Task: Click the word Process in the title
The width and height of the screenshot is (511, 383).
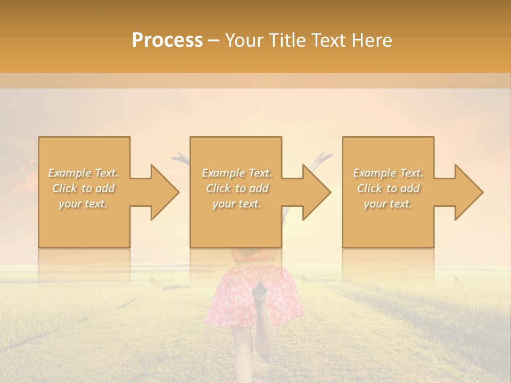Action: point(167,40)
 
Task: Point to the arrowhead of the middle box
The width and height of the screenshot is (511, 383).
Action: point(316,192)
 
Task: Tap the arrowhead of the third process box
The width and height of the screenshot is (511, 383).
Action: point(468,192)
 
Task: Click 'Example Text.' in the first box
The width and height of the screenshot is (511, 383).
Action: point(84,173)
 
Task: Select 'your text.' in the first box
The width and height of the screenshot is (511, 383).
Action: point(84,204)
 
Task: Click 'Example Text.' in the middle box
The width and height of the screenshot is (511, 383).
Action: point(237,173)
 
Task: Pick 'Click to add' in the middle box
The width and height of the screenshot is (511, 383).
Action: point(237,188)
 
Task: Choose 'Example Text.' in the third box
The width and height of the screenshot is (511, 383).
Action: point(388,173)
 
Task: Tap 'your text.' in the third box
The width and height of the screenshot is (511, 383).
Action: point(388,204)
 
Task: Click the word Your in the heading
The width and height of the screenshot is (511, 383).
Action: point(244,40)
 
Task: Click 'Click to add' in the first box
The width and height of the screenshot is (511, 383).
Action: point(84,188)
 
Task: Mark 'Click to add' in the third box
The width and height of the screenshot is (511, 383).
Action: point(388,188)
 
